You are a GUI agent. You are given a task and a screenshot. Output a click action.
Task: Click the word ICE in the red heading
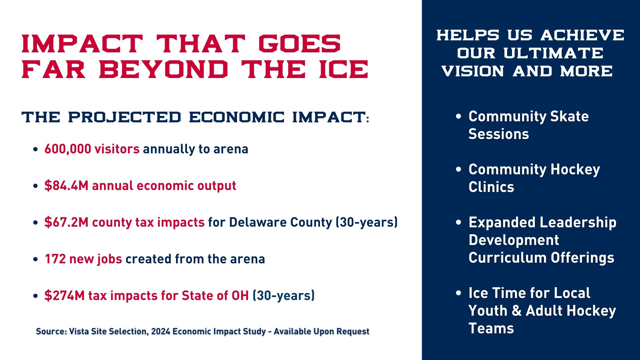click(344, 69)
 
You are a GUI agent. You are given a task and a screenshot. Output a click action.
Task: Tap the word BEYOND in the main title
click(163, 69)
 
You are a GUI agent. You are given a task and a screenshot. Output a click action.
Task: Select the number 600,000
click(68, 149)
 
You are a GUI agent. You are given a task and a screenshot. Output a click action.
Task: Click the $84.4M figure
click(66, 186)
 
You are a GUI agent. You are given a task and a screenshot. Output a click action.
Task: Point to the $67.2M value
click(66, 222)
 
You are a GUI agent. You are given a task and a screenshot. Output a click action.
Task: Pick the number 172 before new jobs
click(55, 259)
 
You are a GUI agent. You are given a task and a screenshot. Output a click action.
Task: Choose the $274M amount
click(64, 296)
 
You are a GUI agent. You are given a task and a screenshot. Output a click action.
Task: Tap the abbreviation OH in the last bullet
click(240, 296)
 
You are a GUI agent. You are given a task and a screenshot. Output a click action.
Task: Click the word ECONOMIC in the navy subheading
click(237, 117)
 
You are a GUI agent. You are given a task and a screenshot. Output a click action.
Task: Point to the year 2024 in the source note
click(161, 331)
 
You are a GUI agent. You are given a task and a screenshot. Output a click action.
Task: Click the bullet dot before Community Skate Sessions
click(459, 116)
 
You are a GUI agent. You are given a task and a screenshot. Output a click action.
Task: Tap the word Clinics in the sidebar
click(491, 187)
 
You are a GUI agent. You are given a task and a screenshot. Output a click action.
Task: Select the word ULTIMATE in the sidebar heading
click(553, 53)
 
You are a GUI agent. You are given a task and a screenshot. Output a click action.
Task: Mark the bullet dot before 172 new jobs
click(36, 259)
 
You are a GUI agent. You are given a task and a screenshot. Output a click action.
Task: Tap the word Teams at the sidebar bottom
click(491, 328)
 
